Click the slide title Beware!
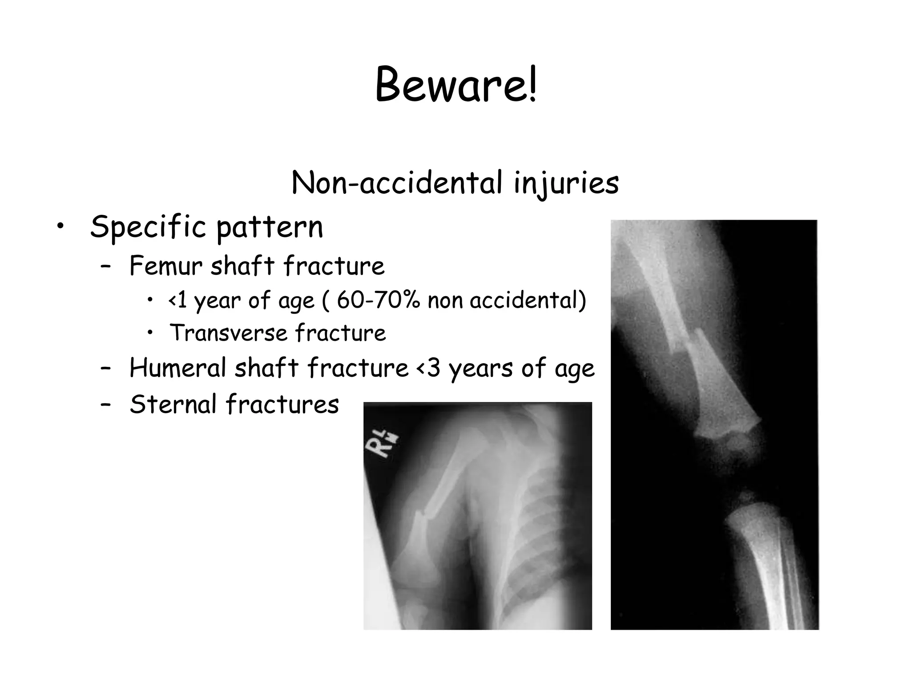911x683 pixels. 456,84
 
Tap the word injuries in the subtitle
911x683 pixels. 566,184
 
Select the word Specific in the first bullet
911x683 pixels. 148,226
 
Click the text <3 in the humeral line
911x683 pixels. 428,368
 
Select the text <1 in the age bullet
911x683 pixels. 177,300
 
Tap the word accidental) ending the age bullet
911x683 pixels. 528,300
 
